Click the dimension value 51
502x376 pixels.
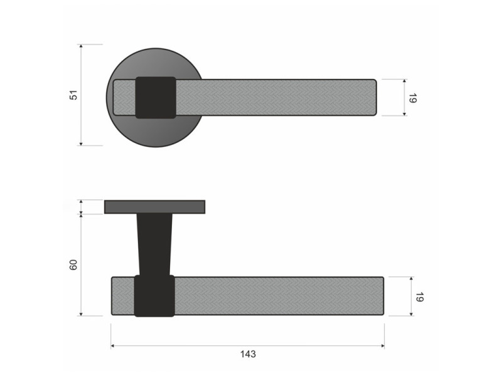point(73,95)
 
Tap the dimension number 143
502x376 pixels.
point(248,354)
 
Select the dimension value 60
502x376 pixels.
point(73,264)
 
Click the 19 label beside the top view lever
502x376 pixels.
point(413,98)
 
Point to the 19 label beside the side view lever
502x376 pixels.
point(419,296)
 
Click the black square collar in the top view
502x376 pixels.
point(156,98)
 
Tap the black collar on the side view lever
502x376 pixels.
point(154,296)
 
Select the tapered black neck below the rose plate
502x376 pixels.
point(154,244)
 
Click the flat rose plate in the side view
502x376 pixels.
point(154,207)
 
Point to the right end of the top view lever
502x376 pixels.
point(374,97)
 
